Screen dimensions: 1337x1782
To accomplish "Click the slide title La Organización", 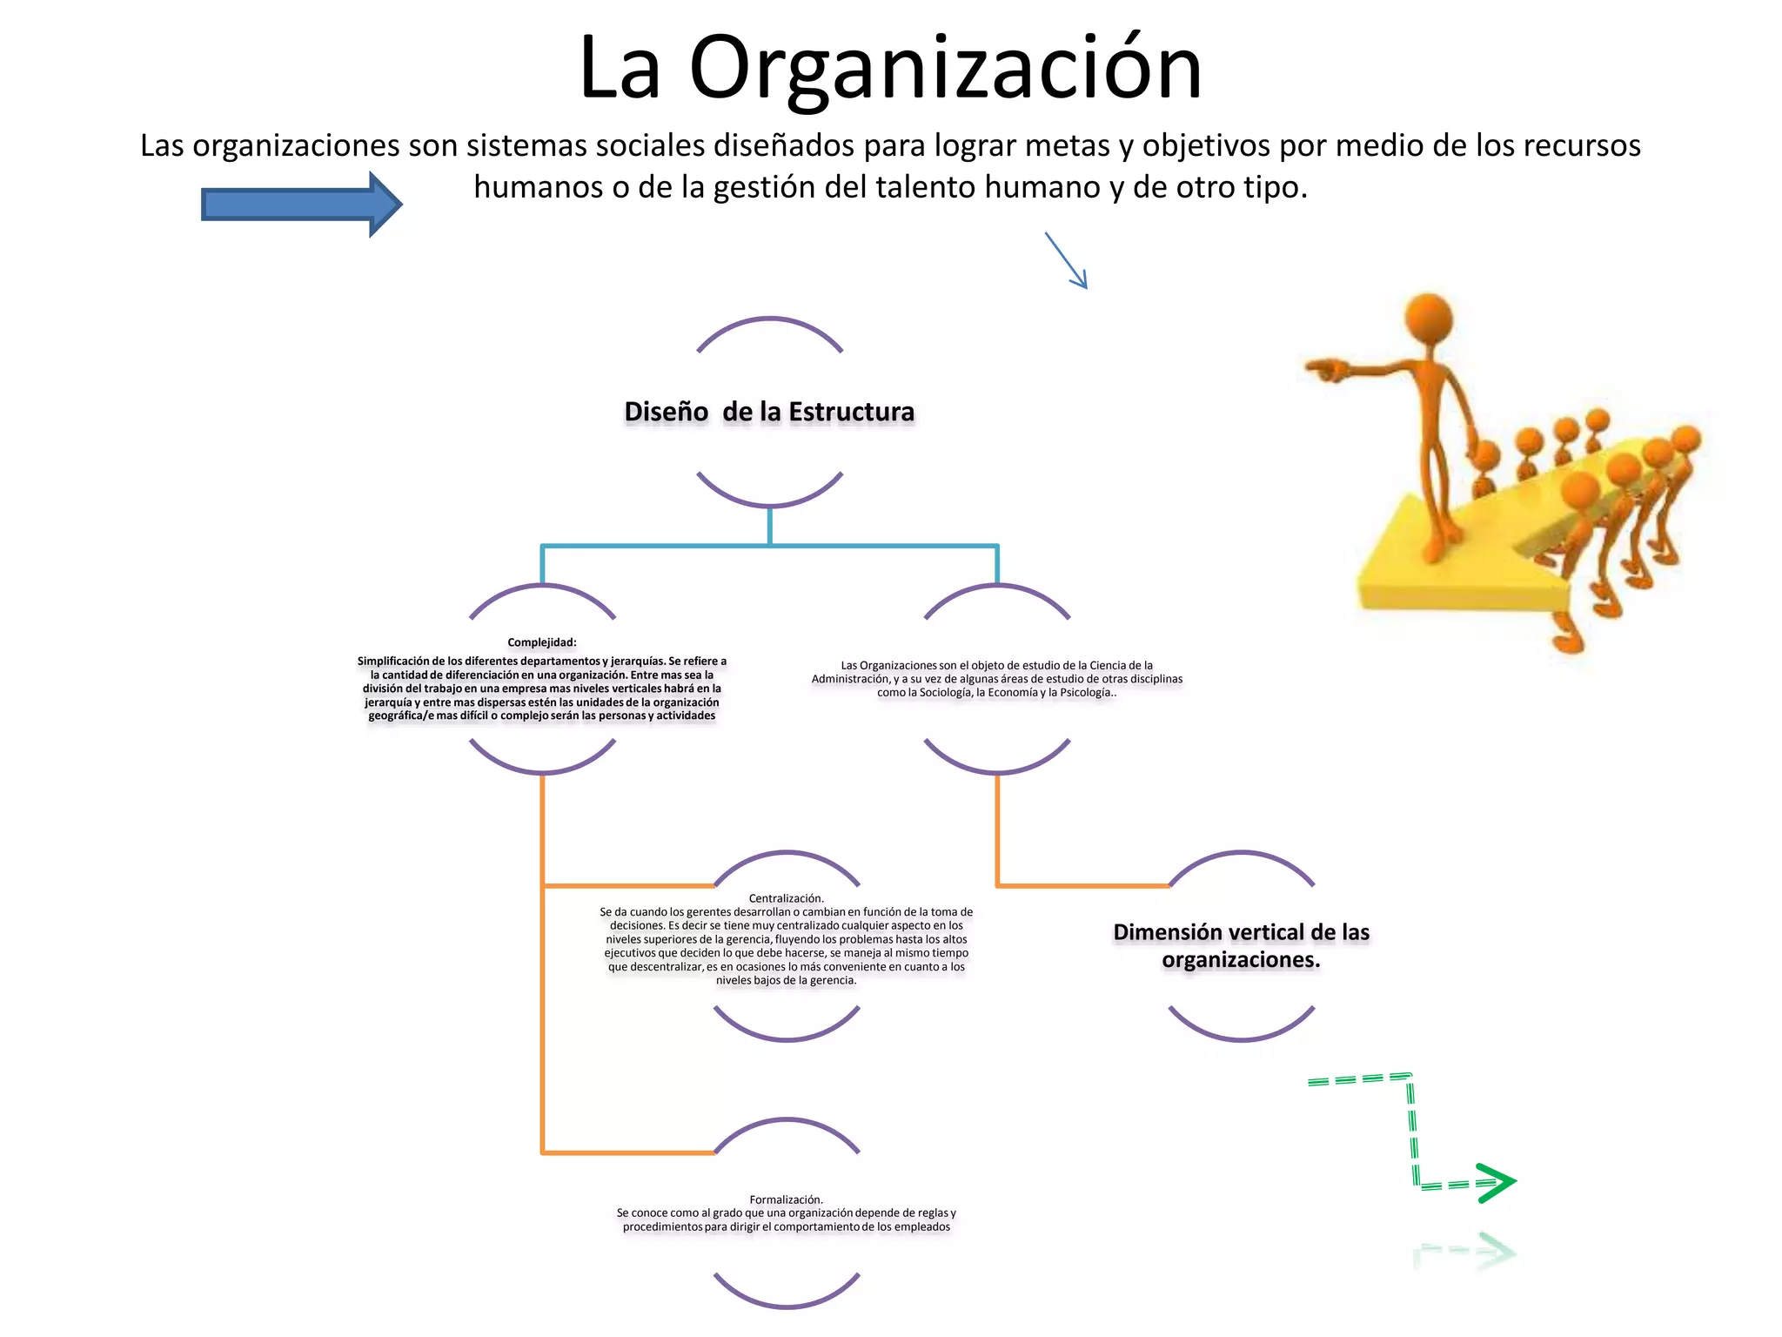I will (x=890, y=68).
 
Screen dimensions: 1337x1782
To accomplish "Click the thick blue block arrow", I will (x=300, y=205).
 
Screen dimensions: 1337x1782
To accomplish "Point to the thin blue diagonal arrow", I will (x=1067, y=260).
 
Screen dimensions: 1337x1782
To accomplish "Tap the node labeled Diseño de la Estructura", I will (x=769, y=412).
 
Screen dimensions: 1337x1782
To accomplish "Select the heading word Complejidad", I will (x=541, y=642).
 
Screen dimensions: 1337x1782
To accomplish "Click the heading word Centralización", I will (x=786, y=898).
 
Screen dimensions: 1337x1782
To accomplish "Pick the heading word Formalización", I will (x=786, y=1199).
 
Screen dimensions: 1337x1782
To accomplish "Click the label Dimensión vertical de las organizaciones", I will (x=1241, y=945).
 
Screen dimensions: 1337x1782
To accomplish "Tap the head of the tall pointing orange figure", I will (x=1429, y=319).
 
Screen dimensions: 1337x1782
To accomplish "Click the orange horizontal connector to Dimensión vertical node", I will (x=1083, y=885).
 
